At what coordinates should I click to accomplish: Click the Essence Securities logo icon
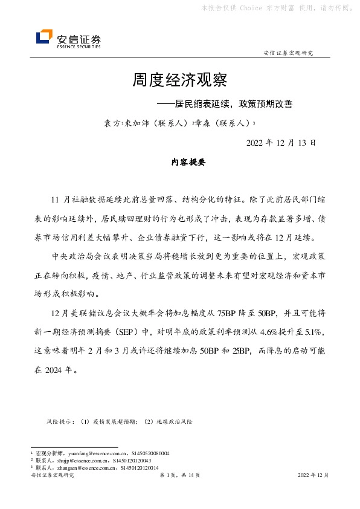point(43,37)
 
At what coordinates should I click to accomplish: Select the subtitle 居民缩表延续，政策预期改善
point(230,103)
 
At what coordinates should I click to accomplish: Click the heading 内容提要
point(180,163)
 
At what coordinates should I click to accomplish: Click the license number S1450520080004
point(150,453)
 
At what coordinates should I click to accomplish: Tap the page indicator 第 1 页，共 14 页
point(180,476)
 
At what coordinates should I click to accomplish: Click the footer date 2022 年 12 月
point(313,476)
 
